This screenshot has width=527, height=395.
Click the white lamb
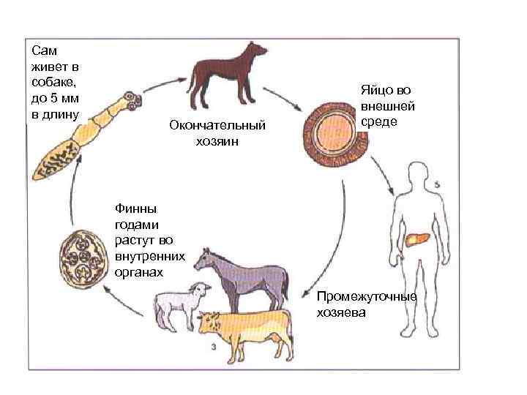click(179, 304)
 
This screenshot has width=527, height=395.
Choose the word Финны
click(134, 211)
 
